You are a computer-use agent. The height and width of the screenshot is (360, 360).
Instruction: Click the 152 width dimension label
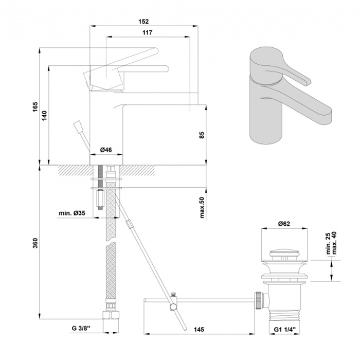(143, 22)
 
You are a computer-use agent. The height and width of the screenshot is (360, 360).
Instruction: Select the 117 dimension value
(148, 32)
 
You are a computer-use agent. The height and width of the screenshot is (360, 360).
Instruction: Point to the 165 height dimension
(35, 107)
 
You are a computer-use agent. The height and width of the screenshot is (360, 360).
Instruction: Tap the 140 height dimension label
(45, 116)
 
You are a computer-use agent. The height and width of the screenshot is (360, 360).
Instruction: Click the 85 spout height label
(202, 135)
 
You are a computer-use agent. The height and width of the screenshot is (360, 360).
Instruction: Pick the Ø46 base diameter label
(106, 150)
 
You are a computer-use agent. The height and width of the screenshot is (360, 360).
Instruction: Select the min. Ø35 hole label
(72, 213)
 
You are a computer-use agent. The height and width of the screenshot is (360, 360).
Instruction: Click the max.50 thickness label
(202, 207)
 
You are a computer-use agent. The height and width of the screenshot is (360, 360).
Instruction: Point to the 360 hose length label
(35, 243)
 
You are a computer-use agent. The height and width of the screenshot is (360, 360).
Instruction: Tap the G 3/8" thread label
(81, 329)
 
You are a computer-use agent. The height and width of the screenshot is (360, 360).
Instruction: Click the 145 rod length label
(199, 330)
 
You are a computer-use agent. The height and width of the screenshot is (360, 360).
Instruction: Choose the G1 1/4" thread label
(284, 330)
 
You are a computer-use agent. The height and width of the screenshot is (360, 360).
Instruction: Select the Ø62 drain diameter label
(284, 223)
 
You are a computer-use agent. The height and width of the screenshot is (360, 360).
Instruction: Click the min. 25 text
(328, 244)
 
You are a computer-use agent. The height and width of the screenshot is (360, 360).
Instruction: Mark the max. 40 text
(334, 243)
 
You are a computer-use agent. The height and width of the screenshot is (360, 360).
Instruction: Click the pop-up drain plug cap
(284, 254)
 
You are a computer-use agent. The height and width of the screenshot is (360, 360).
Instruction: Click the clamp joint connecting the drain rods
(173, 302)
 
